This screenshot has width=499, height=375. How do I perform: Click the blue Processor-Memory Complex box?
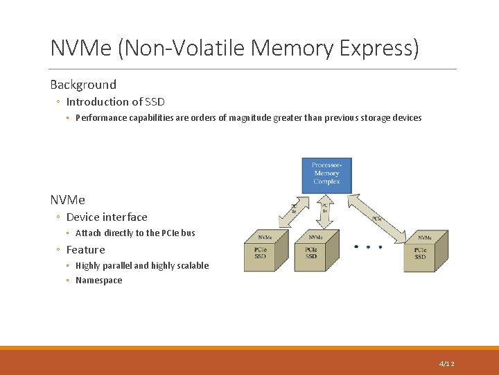point(326,175)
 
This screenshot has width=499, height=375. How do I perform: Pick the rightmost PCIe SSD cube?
point(425,252)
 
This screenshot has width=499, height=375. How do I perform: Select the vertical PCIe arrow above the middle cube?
point(324,212)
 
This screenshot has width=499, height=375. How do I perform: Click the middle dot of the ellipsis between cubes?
point(368,247)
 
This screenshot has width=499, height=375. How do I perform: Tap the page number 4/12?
point(446,364)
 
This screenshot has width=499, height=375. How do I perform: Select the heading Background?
point(83,85)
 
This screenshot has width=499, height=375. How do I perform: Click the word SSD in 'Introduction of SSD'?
point(155,101)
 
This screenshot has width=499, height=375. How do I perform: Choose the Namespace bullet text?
point(98,281)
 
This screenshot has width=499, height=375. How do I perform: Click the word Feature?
point(86,250)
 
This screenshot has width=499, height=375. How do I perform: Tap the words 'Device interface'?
point(107,217)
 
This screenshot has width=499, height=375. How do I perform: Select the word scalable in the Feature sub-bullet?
point(191,265)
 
